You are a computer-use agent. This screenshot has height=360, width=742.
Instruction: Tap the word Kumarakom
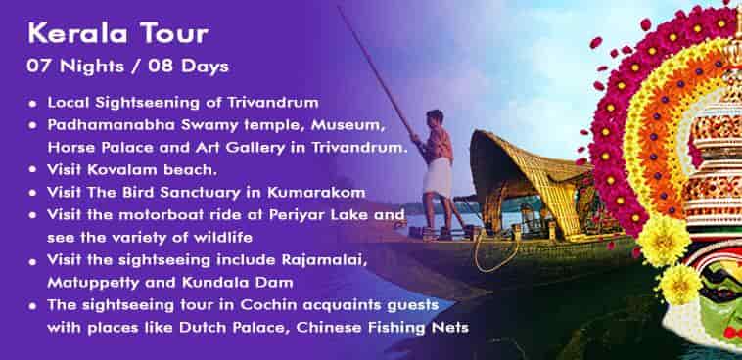[316, 193]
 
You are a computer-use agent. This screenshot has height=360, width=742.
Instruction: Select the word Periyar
[292, 215]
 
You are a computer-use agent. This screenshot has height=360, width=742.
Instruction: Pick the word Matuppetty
[92, 283]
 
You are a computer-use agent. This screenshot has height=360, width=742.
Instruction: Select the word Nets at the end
[452, 328]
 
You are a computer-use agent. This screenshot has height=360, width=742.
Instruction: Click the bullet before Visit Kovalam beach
[32, 170]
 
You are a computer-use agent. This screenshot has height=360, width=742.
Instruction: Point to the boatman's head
[435, 116]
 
